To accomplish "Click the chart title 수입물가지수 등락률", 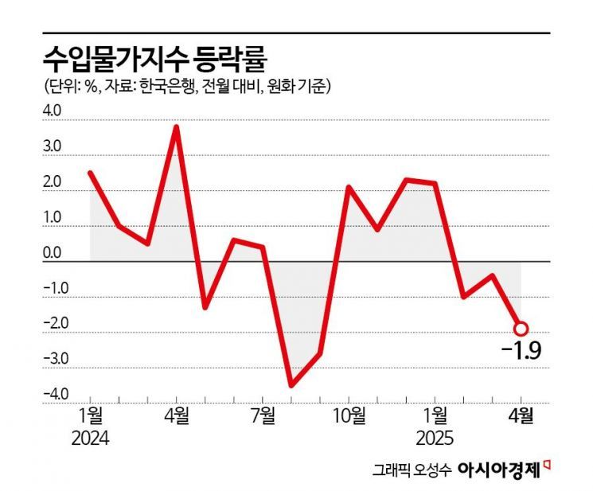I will [x=154, y=57].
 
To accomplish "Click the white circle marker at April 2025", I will [x=521, y=328].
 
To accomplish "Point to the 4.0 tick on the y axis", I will [x=52, y=112].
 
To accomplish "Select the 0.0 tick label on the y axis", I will [x=52, y=253].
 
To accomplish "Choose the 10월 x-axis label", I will [x=349, y=416].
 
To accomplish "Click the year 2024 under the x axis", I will [x=91, y=438].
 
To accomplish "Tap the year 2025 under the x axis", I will [x=435, y=438].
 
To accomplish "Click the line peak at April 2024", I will [x=176, y=127].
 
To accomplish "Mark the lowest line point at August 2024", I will [x=291, y=385].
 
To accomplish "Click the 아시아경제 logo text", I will [x=499, y=469].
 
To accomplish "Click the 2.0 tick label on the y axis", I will [x=52, y=183].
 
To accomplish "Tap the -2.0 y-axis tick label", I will [x=50, y=324].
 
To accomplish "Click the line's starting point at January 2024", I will [x=90, y=173].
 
